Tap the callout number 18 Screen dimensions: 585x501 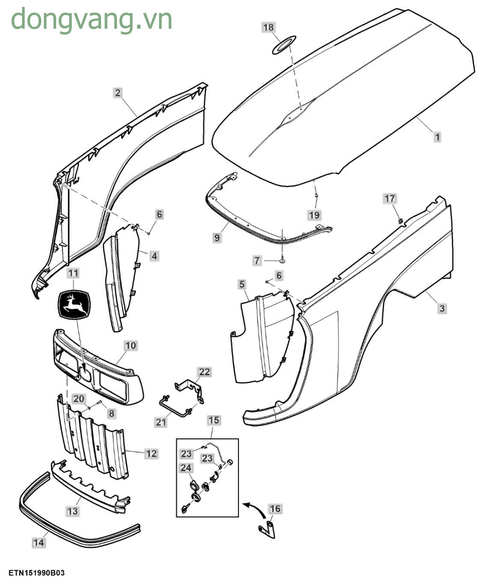[x=268, y=28]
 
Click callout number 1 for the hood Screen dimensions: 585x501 [x=437, y=137]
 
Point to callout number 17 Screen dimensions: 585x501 [x=390, y=199]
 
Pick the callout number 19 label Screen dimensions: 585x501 [x=314, y=215]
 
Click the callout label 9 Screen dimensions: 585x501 [x=217, y=237]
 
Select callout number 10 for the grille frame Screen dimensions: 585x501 [x=131, y=345]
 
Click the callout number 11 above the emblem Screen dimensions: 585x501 [x=73, y=273]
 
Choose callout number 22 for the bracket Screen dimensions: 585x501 [x=204, y=372]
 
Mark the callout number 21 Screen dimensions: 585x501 [x=161, y=422]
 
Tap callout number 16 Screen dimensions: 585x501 [x=275, y=509]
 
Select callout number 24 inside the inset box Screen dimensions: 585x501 [x=186, y=468]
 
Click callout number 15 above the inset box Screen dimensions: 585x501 [x=214, y=420]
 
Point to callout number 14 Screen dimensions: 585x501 [x=39, y=543]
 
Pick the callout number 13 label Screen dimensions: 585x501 [x=72, y=511]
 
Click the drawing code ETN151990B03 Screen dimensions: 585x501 [x=36, y=573]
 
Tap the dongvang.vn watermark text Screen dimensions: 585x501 [x=91, y=19]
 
